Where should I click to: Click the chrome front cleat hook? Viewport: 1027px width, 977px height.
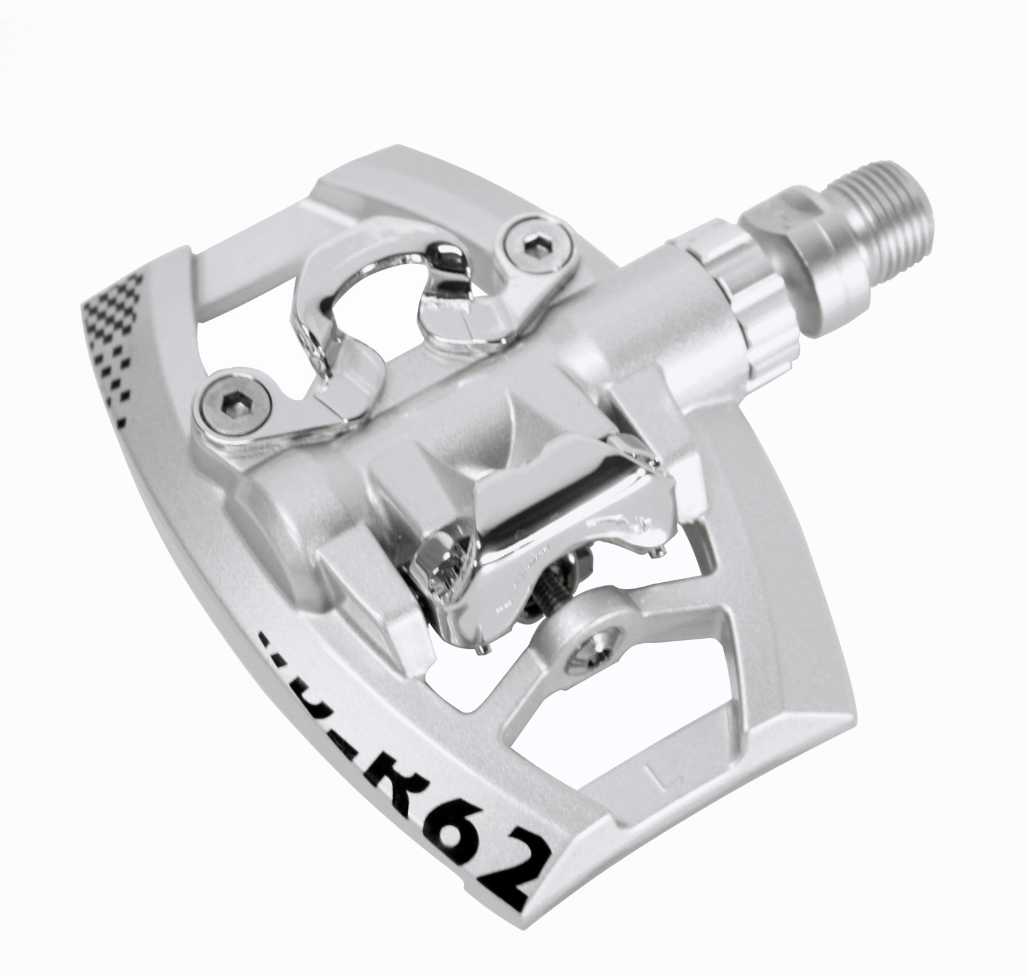point(359,321)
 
